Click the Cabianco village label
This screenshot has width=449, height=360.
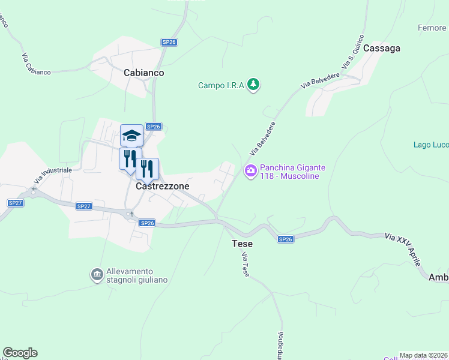click(x=143, y=73)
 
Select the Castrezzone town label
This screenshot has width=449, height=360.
click(x=163, y=186)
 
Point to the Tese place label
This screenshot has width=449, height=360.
click(x=242, y=244)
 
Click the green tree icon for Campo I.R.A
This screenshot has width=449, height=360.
click(x=254, y=85)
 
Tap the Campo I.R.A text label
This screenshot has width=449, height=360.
click(x=221, y=85)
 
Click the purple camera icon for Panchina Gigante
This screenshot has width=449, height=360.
click(x=250, y=171)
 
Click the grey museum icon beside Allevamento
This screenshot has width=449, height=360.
click(x=96, y=275)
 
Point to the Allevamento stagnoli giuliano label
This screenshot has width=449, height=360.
click(x=138, y=275)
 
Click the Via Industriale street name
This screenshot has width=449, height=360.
click(x=53, y=175)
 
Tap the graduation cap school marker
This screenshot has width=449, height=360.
click(x=131, y=135)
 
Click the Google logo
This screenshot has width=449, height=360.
click(x=20, y=353)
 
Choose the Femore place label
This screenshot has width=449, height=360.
click(x=432, y=28)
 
